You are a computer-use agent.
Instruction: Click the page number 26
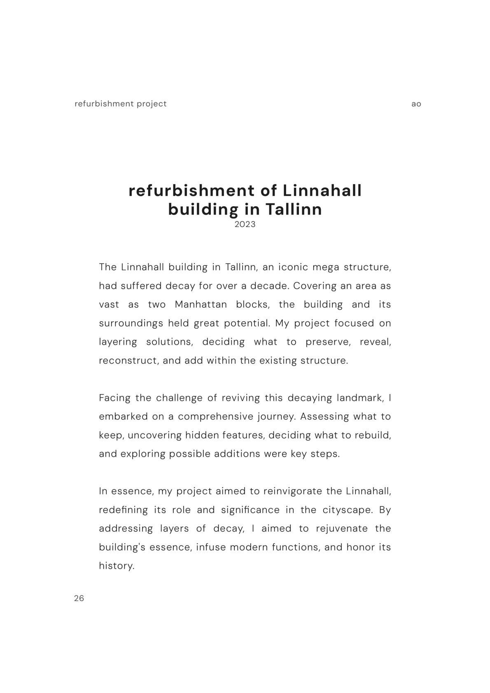79,598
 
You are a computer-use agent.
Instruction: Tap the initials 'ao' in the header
416,104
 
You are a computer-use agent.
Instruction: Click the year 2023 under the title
245,224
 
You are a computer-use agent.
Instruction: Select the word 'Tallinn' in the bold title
293,209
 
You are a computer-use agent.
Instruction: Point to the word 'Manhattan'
201,304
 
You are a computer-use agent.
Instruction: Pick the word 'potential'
247,323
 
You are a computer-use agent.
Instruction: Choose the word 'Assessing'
324,416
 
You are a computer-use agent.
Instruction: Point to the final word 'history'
117,566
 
